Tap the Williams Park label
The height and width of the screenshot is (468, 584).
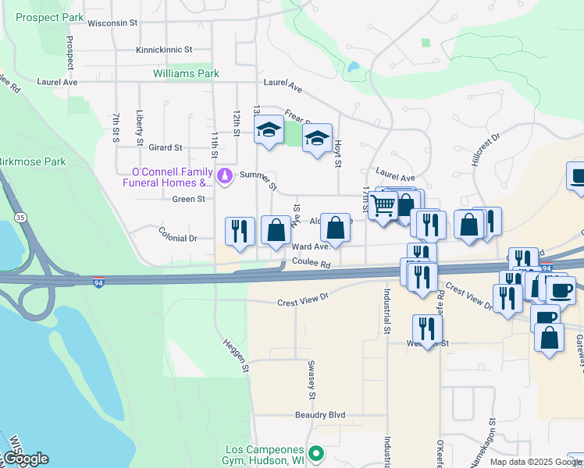pyautogui.click(x=186, y=74)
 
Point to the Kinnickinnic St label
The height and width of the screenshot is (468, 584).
pyautogui.click(x=164, y=49)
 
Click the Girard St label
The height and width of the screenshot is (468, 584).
pyautogui.click(x=165, y=147)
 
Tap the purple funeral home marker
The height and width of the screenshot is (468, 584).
pyautogui.click(x=226, y=175)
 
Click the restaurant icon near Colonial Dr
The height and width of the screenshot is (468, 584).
pyautogui.click(x=239, y=231)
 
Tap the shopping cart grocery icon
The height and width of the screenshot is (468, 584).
pyautogui.click(x=383, y=206)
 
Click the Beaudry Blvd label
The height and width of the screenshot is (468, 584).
pyautogui.click(x=320, y=415)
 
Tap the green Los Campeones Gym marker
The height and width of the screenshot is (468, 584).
pyautogui.click(x=315, y=453)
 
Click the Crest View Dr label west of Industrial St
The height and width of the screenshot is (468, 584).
pyautogui.click(x=304, y=299)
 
